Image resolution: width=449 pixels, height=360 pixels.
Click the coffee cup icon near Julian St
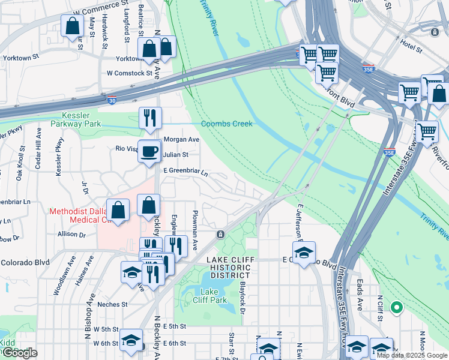pos(149,151)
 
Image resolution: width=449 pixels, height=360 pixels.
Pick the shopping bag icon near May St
pos(72,26)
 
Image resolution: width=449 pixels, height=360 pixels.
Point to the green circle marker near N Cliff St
pos(396,308)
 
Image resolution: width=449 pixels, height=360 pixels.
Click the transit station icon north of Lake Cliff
pos(221,233)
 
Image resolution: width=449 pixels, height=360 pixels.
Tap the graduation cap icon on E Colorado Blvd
pos(304,252)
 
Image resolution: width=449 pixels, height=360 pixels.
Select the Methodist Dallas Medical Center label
pos(80,215)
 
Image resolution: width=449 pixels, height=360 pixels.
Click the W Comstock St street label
pos(129,73)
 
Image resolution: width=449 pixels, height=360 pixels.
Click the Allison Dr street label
pos(71,234)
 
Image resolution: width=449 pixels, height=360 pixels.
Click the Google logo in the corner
pos(19,353)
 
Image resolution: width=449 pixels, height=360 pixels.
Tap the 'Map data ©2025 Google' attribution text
pos(412,355)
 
